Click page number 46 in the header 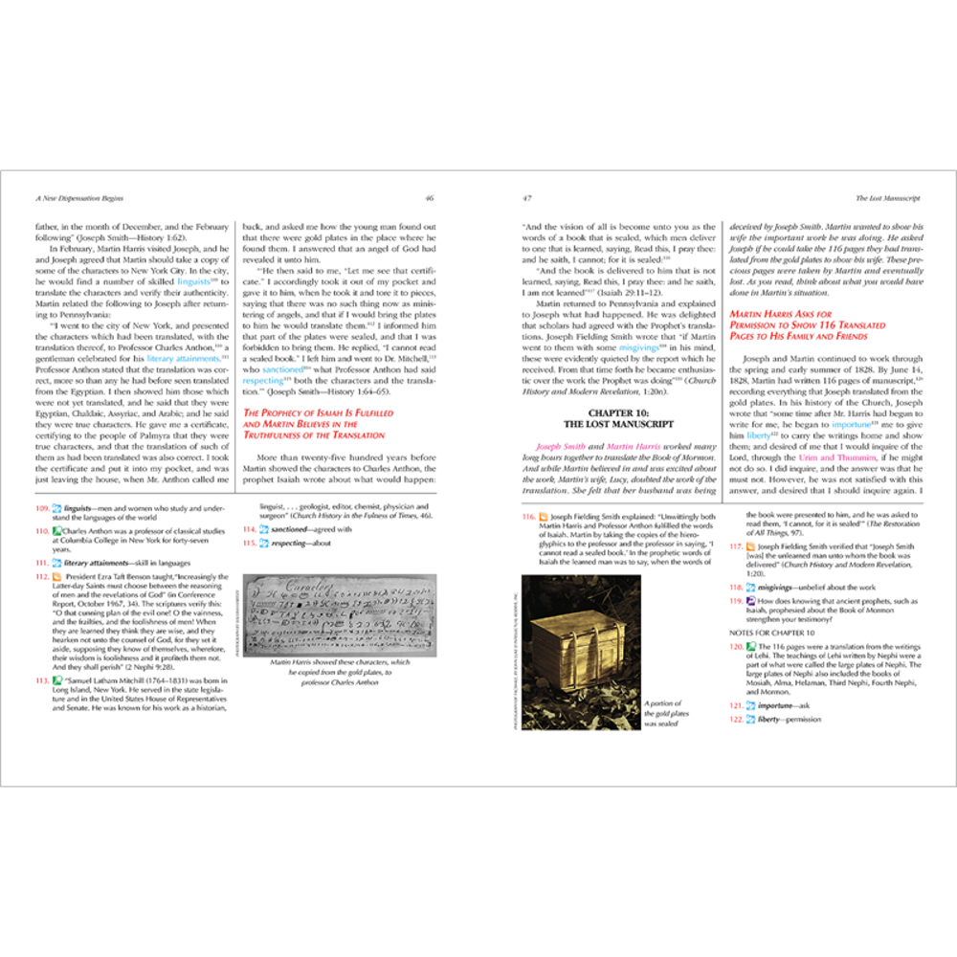coord(430,198)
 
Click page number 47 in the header coord(526,198)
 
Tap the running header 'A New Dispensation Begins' coord(81,198)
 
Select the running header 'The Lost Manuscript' coord(888,198)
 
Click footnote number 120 coord(736,646)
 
